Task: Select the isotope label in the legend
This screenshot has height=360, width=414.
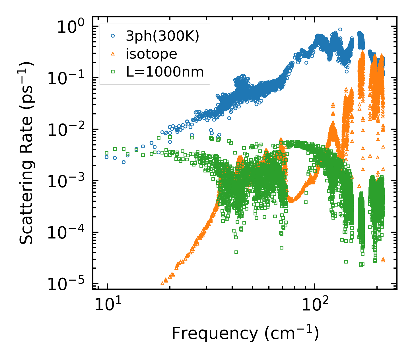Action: click(151, 54)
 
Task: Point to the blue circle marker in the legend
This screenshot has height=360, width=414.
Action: click(113, 36)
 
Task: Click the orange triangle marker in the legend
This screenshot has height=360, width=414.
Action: click(113, 54)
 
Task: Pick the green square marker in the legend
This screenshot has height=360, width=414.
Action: click(113, 72)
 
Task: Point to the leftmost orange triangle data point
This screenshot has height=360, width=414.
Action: click(162, 283)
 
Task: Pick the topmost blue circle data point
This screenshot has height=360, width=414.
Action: click(340, 29)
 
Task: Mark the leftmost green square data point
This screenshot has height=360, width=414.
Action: click(107, 153)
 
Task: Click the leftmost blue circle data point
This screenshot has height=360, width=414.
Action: click(107, 157)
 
